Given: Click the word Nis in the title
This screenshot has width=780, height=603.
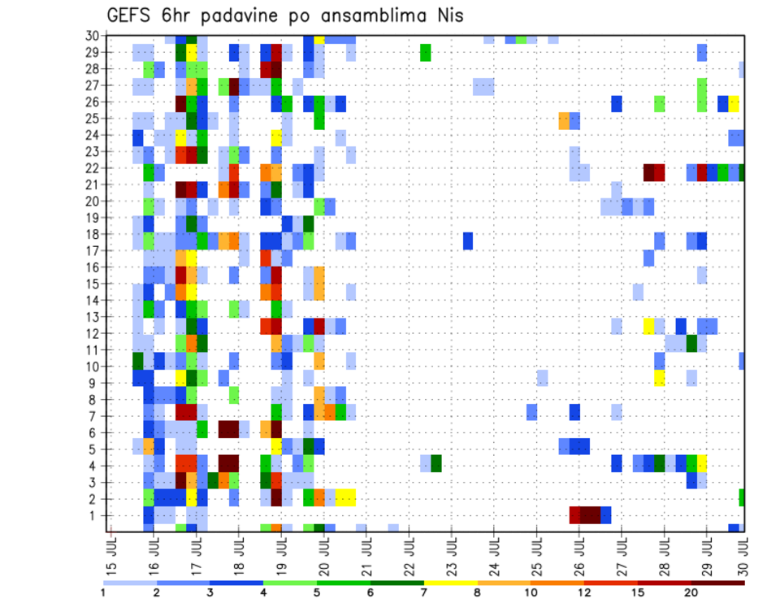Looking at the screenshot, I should (x=446, y=15).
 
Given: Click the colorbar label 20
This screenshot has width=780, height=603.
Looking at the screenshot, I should (x=691, y=592).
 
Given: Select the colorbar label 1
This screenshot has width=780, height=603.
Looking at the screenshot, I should (x=103, y=592).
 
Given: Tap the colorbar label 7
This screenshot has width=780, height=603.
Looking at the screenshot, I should (x=423, y=592).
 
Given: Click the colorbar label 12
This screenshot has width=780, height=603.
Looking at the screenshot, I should (x=584, y=592).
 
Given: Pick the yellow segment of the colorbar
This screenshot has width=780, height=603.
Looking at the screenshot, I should (x=450, y=582).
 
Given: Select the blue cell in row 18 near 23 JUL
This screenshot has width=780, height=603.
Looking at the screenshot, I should (x=468, y=241).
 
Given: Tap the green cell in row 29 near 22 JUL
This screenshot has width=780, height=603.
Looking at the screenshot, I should (x=425, y=53).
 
